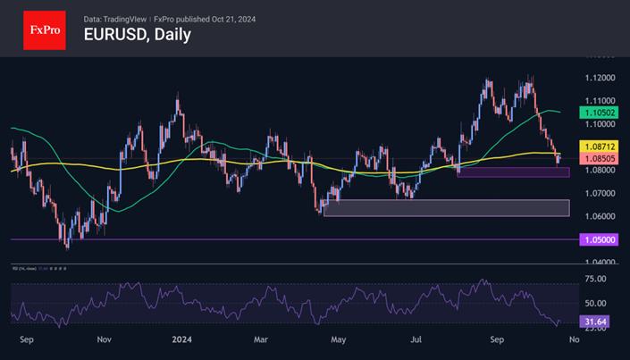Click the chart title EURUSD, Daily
[137, 37]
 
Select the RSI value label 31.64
[596, 322]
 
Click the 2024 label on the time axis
[182, 339]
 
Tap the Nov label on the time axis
[105, 339]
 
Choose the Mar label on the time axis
[261, 339]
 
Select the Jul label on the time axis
[416, 339]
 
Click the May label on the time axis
[339, 339]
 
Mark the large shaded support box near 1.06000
[445, 208]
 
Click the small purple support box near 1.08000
[512, 172]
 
